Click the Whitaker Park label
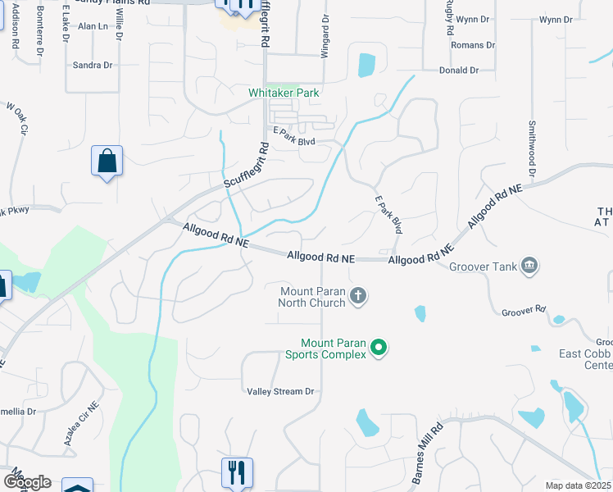[x=284, y=93]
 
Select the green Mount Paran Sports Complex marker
[x=379, y=348]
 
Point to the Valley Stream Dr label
[x=281, y=392]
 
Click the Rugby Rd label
[x=450, y=16]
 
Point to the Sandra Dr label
[x=92, y=65]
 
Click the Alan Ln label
[x=93, y=26]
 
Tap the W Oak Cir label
[x=17, y=118]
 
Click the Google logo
[x=26, y=482]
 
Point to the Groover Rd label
[x=524, y=311]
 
